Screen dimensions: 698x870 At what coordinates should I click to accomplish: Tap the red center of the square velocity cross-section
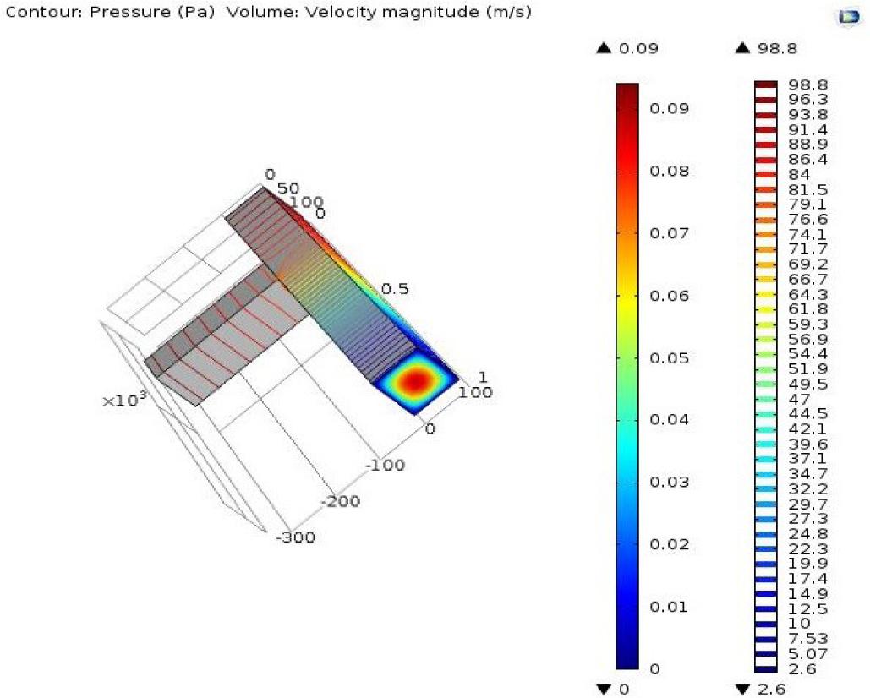tap(414, 381)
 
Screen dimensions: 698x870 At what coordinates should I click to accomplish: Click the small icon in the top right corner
tap(846, 18)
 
